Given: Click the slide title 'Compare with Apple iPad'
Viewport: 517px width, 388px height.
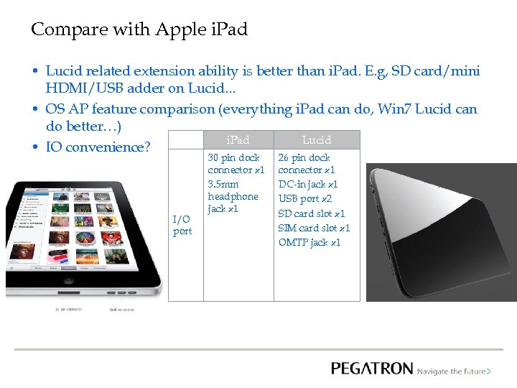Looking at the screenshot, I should (x=139, y=29).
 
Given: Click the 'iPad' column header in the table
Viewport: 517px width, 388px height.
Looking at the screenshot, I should (x=238, y=140).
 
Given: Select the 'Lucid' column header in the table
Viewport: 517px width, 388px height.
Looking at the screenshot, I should (x=317, y=140).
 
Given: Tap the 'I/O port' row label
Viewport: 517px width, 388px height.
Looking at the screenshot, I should (x=182, y=225).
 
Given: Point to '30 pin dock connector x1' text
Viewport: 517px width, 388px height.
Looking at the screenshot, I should (x=236, y=163).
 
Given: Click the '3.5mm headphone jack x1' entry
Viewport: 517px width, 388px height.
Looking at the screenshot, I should (x=233, y=196).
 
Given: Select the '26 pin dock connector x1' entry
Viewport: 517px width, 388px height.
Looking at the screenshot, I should (x=307, y=163).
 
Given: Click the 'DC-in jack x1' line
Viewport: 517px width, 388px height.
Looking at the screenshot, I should (x=308, y=185).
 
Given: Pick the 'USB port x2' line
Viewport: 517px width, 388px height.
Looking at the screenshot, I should (x=305, y=199).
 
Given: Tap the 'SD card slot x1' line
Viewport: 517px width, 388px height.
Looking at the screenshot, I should (x=312, y=213).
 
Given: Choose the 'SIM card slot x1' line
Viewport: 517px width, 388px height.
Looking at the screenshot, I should (x=314, y=228).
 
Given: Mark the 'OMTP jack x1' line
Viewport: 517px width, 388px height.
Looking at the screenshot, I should (x=309, y=242).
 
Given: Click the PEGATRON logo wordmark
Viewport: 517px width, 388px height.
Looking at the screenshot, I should (x=372, y=369).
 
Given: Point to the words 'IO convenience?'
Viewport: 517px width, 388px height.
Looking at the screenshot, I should (x=98, y=147).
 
